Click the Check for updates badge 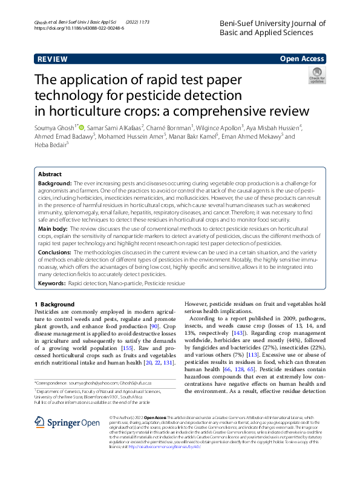click(x=316, y=76)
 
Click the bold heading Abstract click(x=50, y=174)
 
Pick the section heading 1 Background click(x=54, y=304)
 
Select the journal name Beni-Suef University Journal click(x=272, y=24)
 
